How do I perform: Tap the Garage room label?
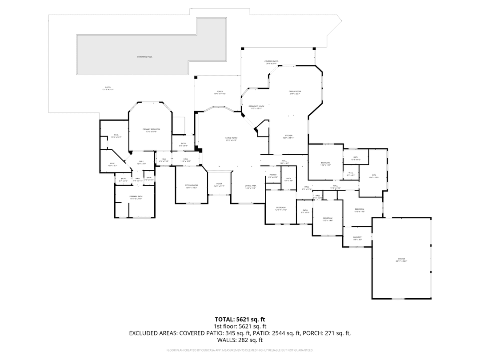click(401, 260)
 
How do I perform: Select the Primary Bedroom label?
click(151, 130)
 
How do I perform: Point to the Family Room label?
click(295, 92)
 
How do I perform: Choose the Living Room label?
click(231, 139)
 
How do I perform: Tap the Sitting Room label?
click(192, 186)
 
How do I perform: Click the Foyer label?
click(219, 184)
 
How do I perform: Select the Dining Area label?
click(250, 186)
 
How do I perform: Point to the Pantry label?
click(273, 176)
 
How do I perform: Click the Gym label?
click(374, 176)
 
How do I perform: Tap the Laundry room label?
click(357, 238)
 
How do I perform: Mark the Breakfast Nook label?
click(256, 107)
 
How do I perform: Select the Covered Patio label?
click(271, 62)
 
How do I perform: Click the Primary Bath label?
click(136, 197)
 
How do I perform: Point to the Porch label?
click(220, 92)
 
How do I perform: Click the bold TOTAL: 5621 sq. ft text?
click(240, 319)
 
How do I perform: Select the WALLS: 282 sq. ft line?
click(240, 340)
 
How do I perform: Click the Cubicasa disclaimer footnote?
click(240, 350)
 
